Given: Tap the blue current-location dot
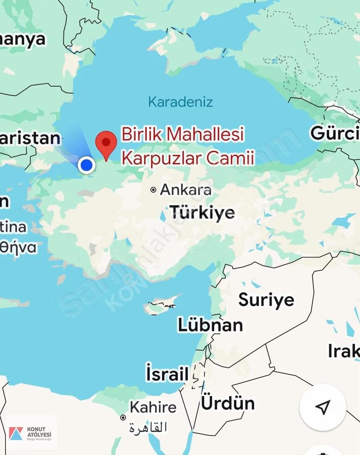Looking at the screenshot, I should pos(86,165).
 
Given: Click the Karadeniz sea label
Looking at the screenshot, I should pos(180,102).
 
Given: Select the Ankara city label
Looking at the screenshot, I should pos(186,190).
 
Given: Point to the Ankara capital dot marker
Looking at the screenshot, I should pos(153,190).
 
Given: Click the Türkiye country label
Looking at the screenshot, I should pos(202,212).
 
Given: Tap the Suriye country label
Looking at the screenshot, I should pos(266,300).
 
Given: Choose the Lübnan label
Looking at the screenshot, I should pos(210,325).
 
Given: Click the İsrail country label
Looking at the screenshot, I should pos(167,374).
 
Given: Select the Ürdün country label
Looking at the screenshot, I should pos(228,403).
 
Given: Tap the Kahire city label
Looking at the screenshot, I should pos(153,407).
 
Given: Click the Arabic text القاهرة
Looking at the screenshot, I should pos(148,427).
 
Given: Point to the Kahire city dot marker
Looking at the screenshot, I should pos(123,417).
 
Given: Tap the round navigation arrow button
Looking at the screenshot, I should pos(323,407).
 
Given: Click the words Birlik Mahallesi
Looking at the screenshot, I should pos(183,134).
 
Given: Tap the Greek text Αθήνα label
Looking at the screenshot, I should pos(18,247).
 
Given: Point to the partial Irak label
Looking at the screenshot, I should pos(343,351).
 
